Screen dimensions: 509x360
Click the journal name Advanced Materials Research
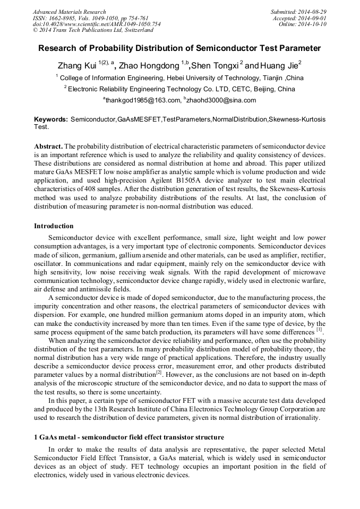pos(70,12)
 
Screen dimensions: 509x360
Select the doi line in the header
pos(97,24)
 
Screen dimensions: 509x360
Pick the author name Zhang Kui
pos(77,66)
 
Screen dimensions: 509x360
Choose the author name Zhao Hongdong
pos(149,66)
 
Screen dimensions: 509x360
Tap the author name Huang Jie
pos(279,66)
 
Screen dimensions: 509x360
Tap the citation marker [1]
pos(319,329)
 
